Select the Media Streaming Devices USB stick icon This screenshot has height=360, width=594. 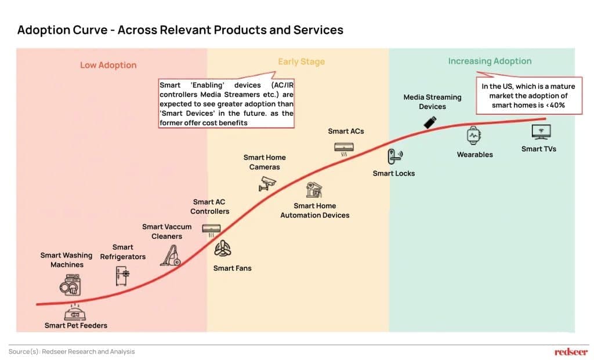[430, 122]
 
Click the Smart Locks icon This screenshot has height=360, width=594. [394, 155]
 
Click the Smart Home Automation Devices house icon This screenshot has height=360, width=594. [314, 190]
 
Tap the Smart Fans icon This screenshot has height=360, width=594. [223, 250]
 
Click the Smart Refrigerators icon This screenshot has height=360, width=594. [122, 275]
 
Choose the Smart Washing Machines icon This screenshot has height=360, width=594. [70, 286]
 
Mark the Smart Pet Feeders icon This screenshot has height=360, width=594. [75, 311]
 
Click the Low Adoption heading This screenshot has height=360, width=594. [108, 65]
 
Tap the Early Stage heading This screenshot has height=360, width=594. [301, 61]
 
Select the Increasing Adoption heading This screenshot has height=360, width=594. [490, 61]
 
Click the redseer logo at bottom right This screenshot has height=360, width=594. [571, 351]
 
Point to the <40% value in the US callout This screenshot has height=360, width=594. [555, 105]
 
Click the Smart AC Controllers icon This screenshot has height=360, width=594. [211, 228]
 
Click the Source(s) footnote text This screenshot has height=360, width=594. [71, 351]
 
